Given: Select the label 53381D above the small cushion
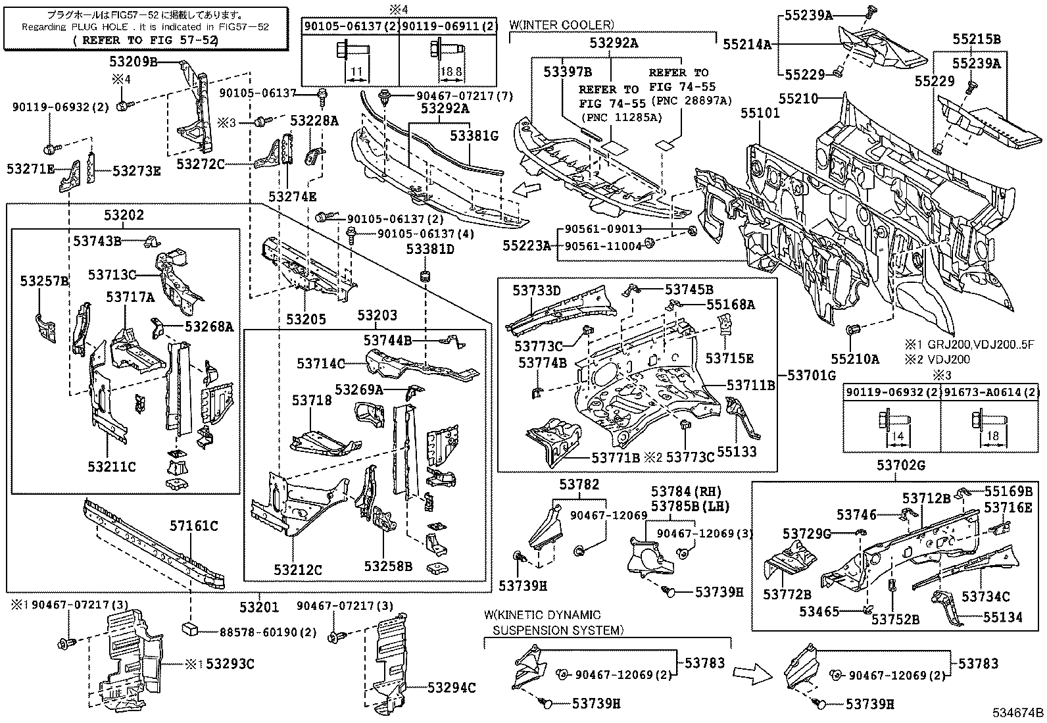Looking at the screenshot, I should pyautogui.click(x=430, y=249).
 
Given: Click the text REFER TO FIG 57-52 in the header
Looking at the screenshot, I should pyautogui.click(x=145, y=39).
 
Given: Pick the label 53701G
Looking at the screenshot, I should pyautogui.click(x=811, y=376).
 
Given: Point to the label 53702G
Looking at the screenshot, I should pyautogui.click(x=900, y=466).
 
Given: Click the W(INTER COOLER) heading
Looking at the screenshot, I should pyautogui.click(x=561, y=24).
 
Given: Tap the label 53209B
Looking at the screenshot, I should pyautogui.click(x=133, y=62).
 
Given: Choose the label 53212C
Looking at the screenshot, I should pyautogui.click(x=299, y=570).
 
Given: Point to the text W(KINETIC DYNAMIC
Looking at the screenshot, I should pyautogui.click(x=543, y=615).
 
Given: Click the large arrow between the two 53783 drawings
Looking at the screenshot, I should pyautogui.click(x=752, y=673).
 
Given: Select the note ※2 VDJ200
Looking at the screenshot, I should pyautogui.click(x=941, y=359).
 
